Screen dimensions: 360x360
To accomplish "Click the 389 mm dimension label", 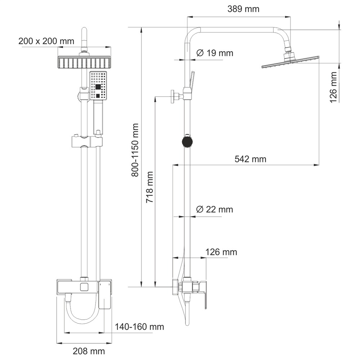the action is pyautogui.click(x=243, y=9).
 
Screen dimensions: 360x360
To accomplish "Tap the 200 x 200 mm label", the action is pyautogui.click(x=46, y=41).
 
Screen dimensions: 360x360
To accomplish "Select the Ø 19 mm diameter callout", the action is pyautogui.click(x=215, y=53).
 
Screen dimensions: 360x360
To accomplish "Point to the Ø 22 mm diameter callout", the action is pyautogui.click(x=215, y=210).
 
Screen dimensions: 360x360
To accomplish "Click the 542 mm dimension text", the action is pyautogui.click(x=250, y=159).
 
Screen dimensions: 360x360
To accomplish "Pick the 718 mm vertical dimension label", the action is pyautogui.click(x=150, y=187).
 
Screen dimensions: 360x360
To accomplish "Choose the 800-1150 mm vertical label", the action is pyautogui.click(x=135, y=150).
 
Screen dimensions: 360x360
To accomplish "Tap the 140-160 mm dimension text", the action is pyautogui.click(x=139, y=327).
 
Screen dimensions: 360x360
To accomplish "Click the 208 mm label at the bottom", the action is pyautogui.click(x=89, y=351).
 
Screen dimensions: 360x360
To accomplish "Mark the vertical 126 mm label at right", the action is pyautogui.click(x=333, y=87).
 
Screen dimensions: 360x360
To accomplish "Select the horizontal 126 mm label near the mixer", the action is pyautogui.click(x=221, y=252).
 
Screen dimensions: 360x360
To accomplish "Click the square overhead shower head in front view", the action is pyautogui.click(x=84, y=62).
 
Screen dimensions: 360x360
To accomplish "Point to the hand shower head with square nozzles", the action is pyautogui.click(x=98, y=86).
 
